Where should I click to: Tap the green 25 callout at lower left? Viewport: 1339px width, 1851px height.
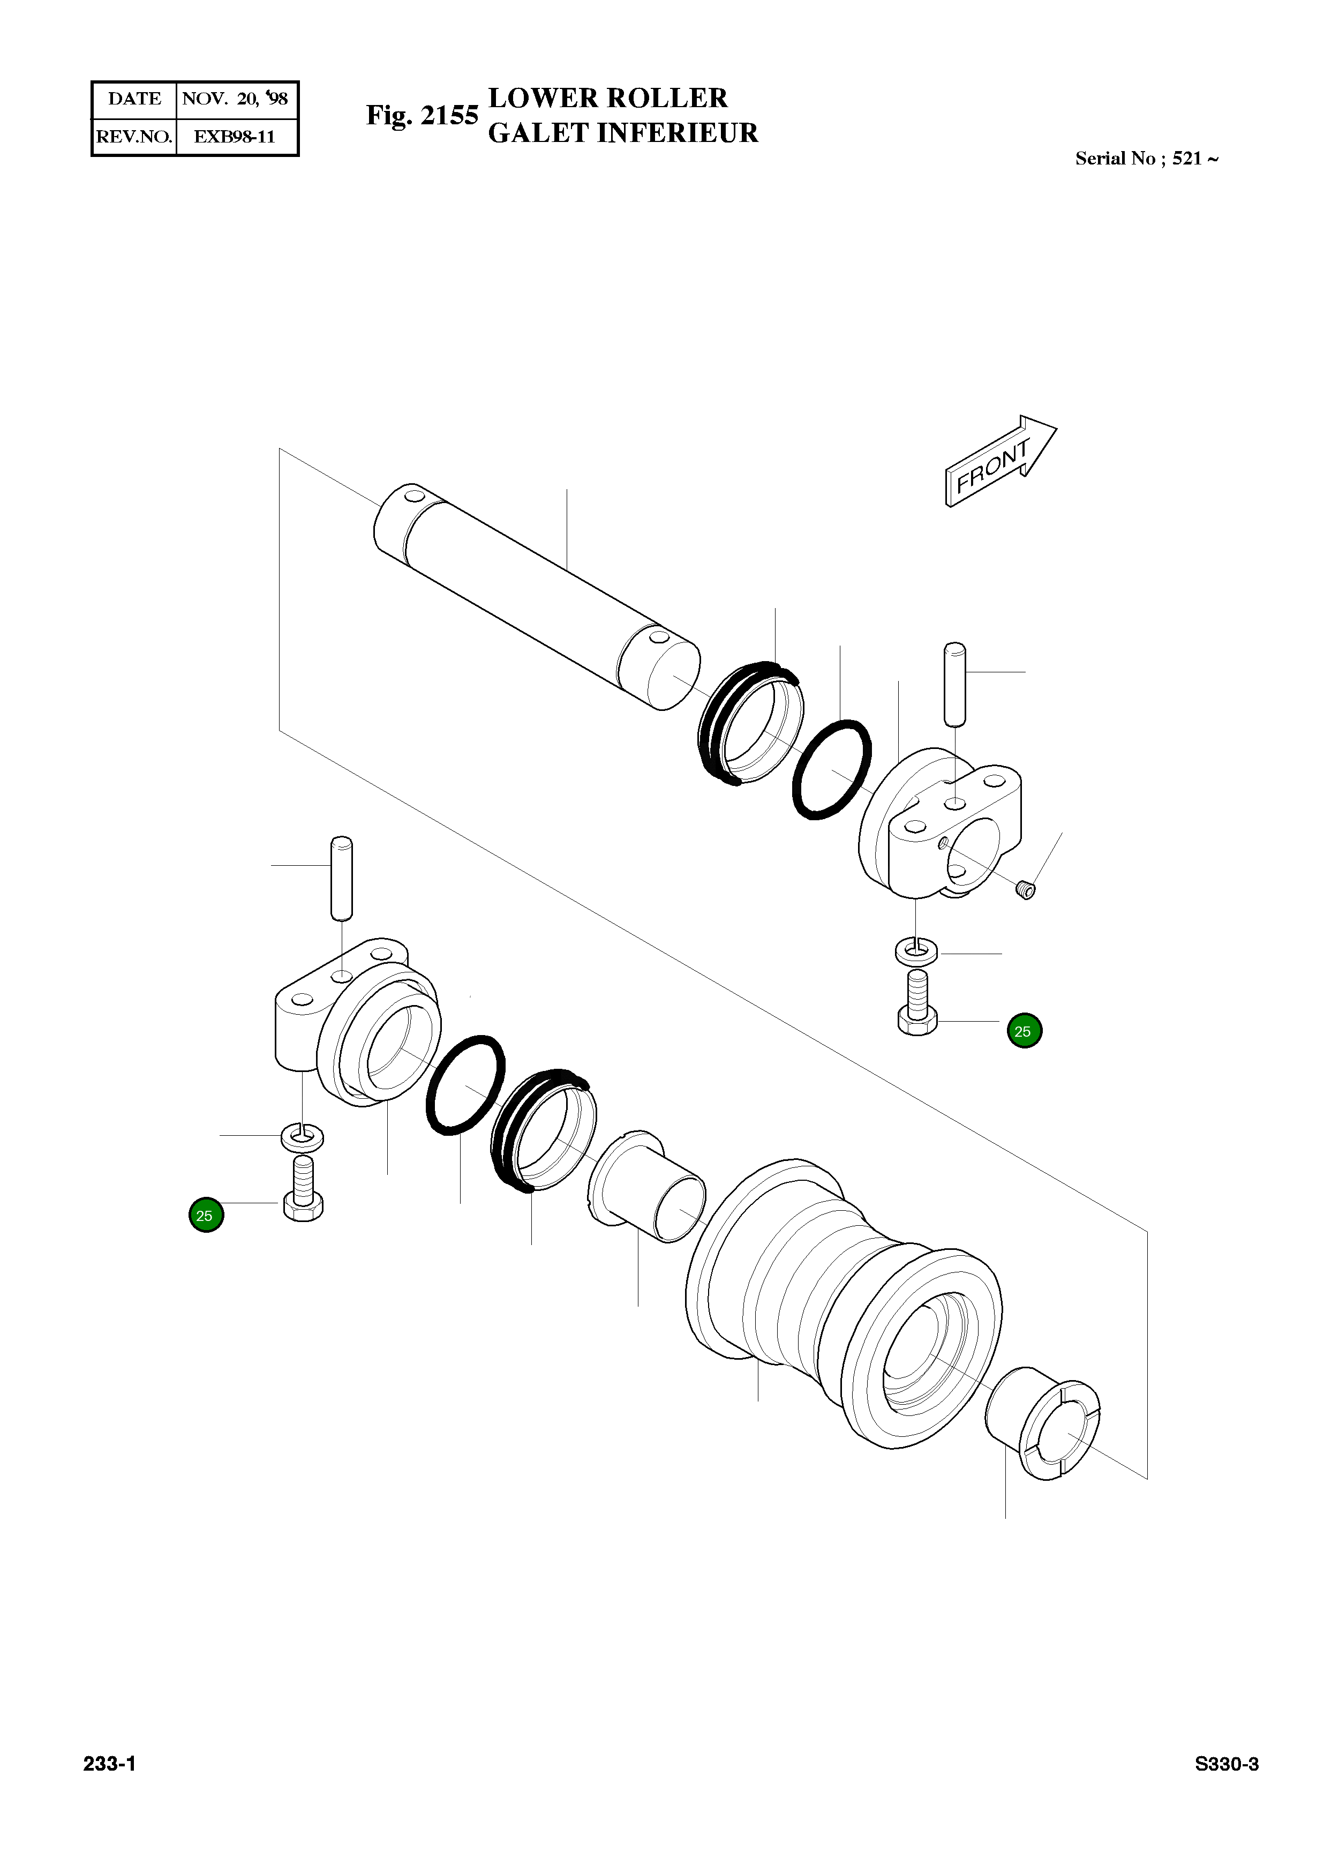point(206,1215)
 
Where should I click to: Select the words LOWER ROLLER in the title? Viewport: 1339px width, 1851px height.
point(607,98)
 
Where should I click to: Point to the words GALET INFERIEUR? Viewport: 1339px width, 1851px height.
point(622,133)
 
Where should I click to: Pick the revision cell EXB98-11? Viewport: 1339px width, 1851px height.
point(235,136)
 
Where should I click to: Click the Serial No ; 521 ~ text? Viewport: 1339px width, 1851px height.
point(1146,159)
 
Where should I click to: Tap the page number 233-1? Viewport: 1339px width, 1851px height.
point(109,1764)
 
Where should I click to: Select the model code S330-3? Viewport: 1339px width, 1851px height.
point(1227,1764)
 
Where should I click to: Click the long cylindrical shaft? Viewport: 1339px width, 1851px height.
point(535,596)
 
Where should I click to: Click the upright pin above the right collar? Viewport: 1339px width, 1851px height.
point(954,684)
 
